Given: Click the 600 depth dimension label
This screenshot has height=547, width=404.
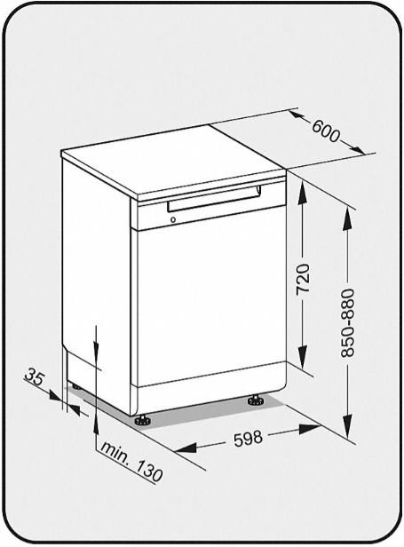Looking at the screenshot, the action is click(x=326, y=131).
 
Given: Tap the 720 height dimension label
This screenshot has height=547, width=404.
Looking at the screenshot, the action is click(x=303, y=278).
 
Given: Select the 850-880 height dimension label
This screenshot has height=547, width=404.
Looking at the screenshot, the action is click(x=347, y=322).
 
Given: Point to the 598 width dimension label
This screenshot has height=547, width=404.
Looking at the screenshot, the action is click(x=248, y=438).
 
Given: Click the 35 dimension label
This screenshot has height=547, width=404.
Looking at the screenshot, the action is click(x=35, y=377).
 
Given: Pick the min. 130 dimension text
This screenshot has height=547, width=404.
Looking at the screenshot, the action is click(x=131, y=463).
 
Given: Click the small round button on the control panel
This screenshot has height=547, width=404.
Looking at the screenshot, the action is click(x=172, y=220).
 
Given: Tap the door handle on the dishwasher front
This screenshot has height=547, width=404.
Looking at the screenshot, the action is click(x=213, y=202).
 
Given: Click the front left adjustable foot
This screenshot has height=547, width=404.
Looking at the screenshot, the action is click(x=142, y=420).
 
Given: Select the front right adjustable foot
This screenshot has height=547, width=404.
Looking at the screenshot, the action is click(x=257, y=400).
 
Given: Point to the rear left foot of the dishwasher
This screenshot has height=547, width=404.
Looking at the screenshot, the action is click(x=75, y=386).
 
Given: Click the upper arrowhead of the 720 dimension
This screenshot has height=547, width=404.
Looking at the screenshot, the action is click(x=303, y=193).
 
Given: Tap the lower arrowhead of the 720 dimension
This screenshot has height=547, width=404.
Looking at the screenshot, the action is click(x=303, y=357).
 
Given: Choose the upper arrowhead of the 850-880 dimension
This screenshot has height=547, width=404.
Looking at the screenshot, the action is click(x=347, y=218).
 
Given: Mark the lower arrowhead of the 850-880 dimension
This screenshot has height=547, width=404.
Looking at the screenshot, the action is click(x=347, y=425).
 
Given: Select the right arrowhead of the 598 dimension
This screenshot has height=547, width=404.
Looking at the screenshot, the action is click(x=310, y=428).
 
